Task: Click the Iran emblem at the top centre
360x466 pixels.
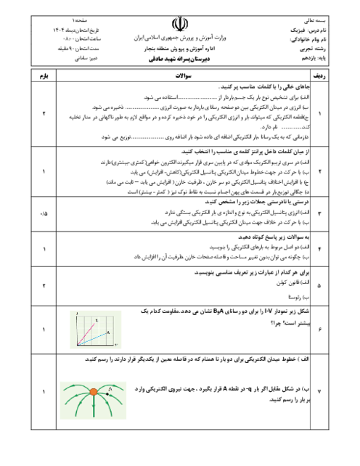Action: pos(179,23)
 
